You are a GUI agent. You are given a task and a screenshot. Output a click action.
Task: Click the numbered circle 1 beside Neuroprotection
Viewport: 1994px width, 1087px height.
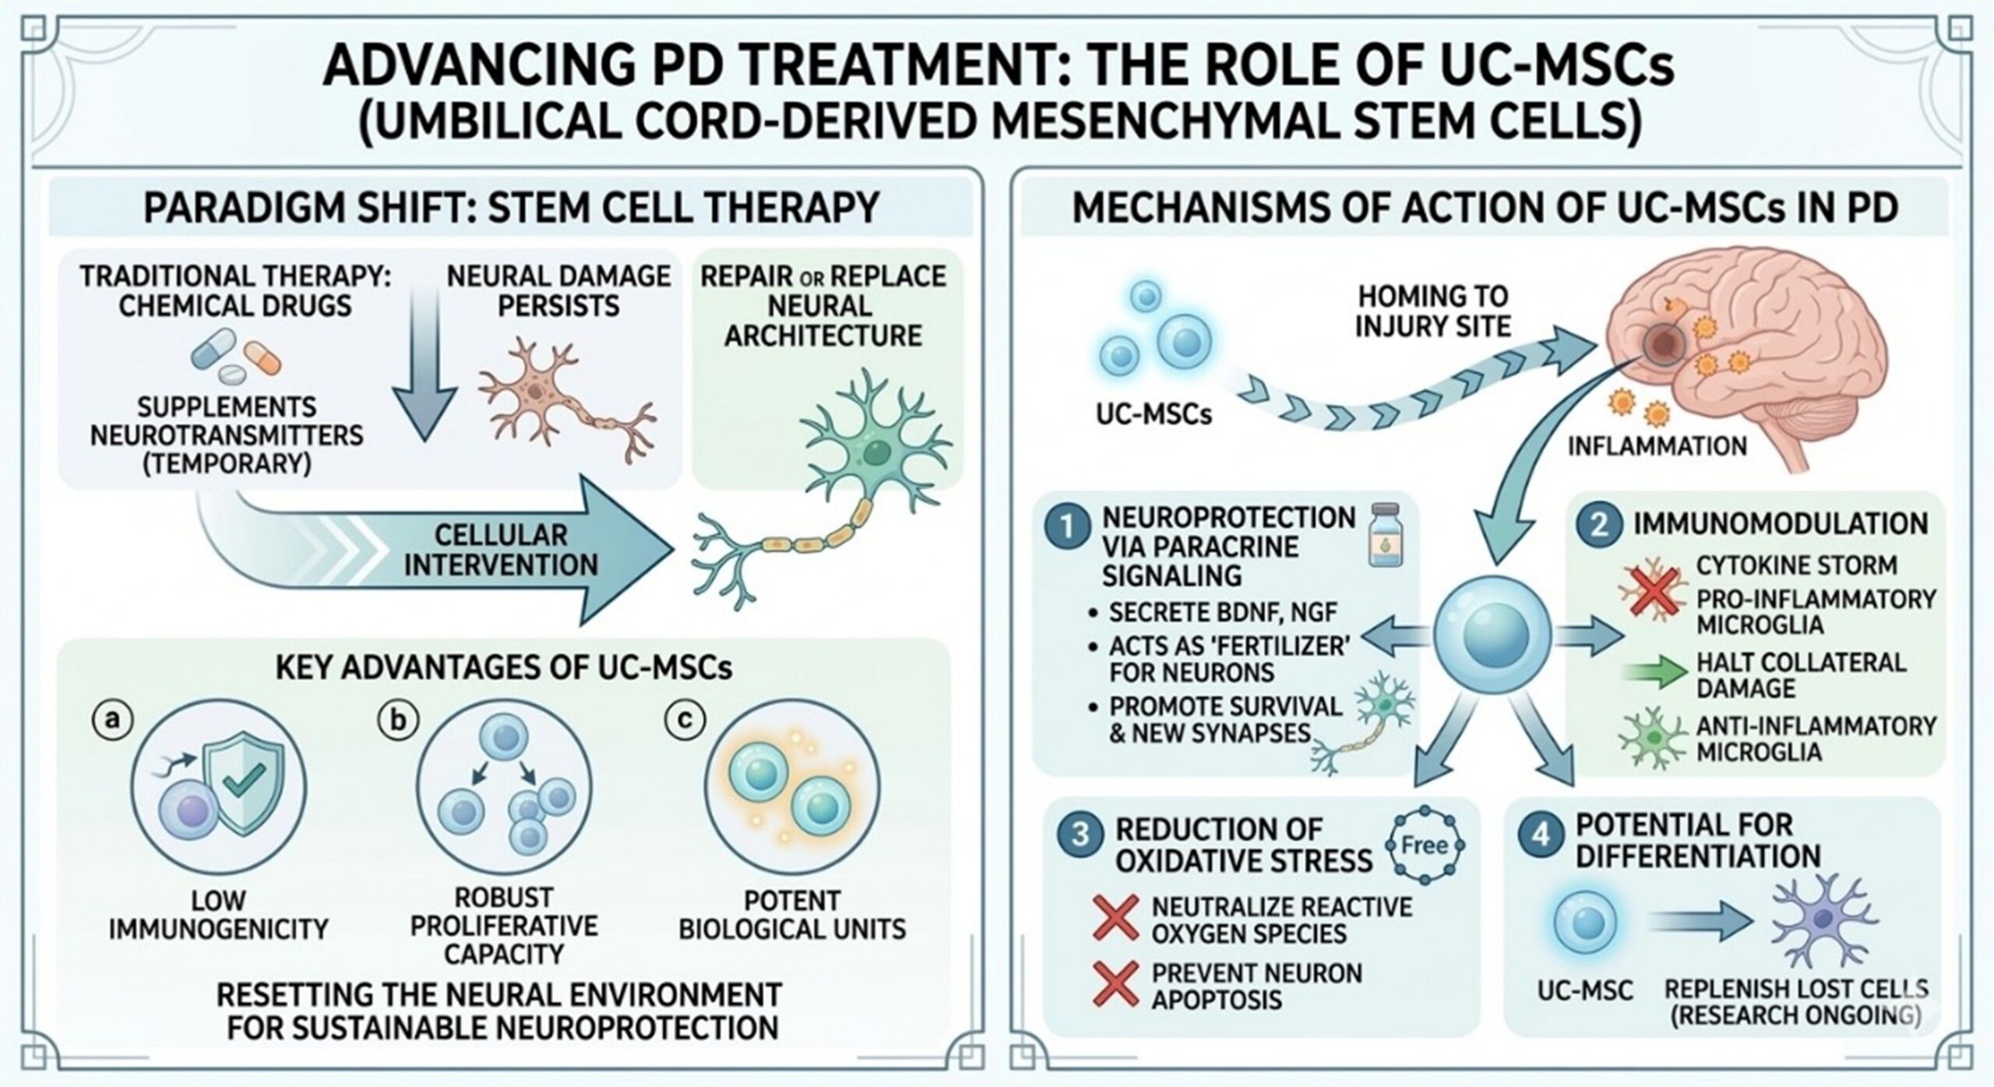tap(1066, 527)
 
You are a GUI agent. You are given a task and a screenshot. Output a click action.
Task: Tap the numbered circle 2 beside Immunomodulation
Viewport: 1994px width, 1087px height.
tap(1598, 524)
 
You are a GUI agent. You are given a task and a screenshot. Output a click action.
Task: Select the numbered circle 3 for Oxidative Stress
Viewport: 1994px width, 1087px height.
tap(1081, 835)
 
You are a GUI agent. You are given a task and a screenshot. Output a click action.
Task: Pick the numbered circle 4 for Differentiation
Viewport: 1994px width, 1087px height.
tap(1541, 835)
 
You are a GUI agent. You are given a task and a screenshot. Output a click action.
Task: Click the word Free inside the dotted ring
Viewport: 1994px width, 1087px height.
tap(1425, 846)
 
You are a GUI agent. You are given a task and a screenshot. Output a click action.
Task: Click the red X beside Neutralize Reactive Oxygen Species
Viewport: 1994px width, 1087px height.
tap(1115, 918)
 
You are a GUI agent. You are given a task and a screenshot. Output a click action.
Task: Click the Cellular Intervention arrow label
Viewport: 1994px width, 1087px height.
tap(501, 550)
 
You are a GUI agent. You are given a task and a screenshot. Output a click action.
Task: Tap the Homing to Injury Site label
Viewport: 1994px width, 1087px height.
tap(1433, 311)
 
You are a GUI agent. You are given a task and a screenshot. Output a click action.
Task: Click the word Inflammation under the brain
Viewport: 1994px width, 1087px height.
tap(1657, 446)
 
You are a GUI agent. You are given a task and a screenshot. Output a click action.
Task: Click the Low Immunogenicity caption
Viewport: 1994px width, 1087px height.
tap(218, 914)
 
